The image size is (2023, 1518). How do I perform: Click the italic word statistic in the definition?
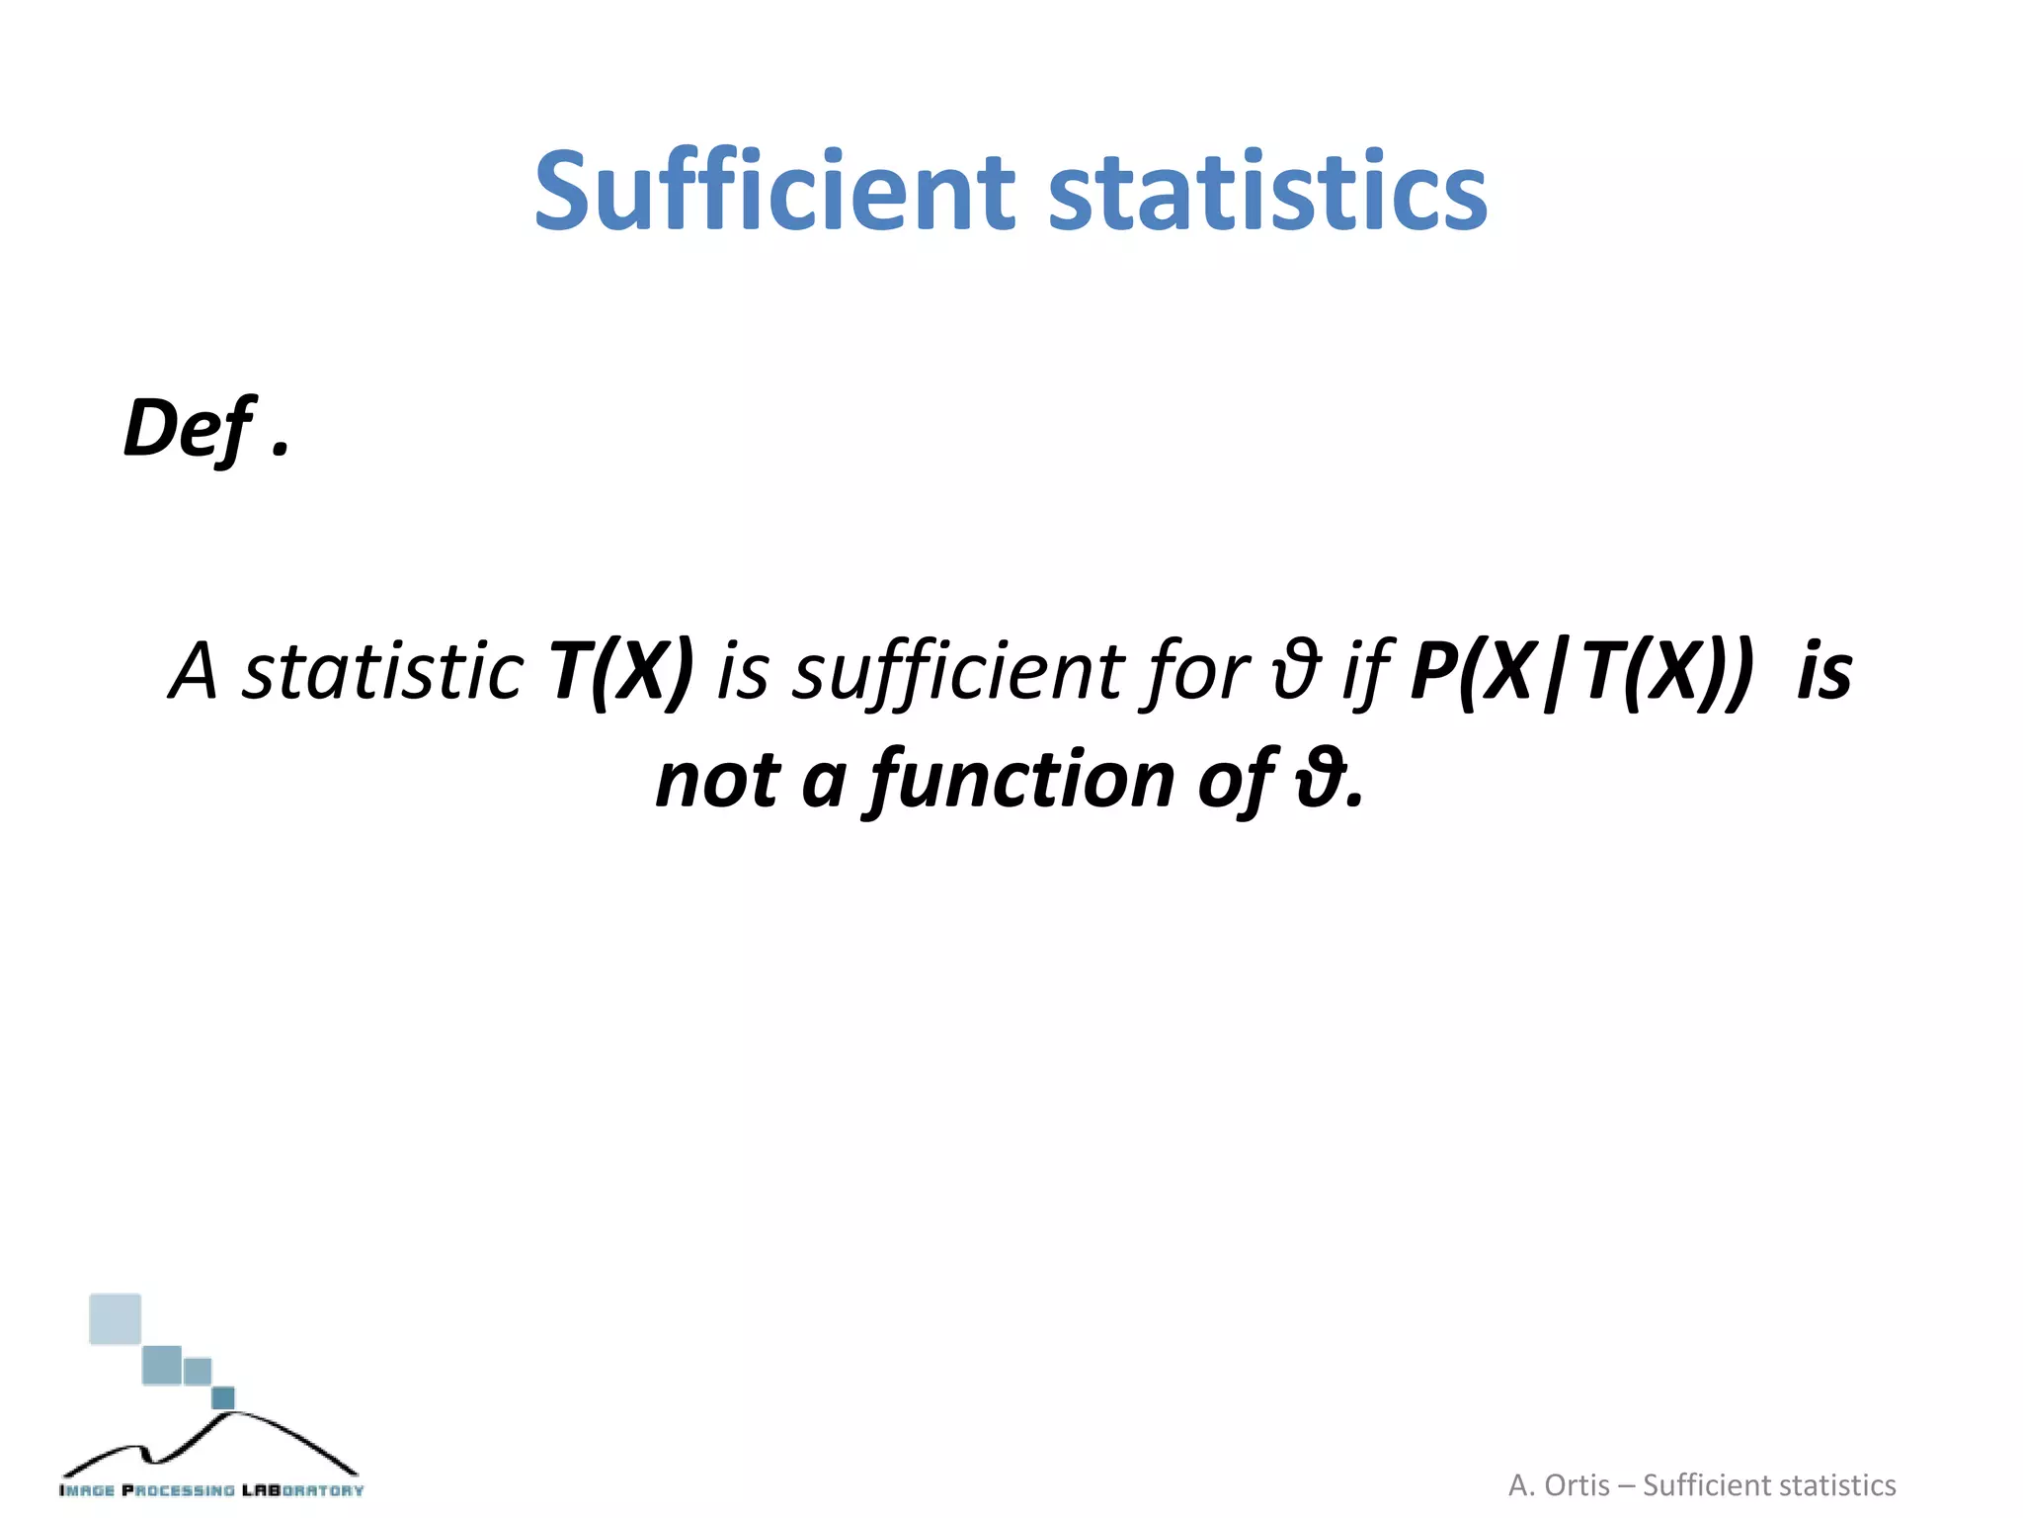383,672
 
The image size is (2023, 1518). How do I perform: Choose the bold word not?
718,781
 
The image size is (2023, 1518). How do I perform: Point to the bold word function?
1022,781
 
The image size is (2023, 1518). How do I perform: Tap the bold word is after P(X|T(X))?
1824,672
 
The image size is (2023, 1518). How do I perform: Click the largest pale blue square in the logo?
116,1319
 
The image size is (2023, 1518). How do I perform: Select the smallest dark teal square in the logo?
223,1397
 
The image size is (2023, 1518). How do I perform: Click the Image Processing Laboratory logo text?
211,1490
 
